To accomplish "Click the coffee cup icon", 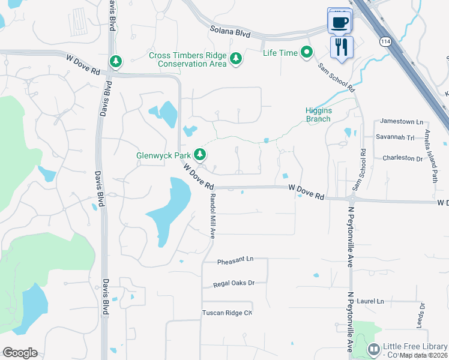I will coord(340,23).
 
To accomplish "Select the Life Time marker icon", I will coord(307,53).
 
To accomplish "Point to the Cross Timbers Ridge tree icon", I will coord(237,59).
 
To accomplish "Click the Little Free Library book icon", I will coord(374,349).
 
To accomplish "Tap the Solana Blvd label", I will coord(230,32).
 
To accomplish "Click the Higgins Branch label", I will coord(318,115).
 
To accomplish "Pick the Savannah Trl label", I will coord(395,137).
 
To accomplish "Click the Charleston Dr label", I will coord(402,158).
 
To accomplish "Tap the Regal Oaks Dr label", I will coord(234,283).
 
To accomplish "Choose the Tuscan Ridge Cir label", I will coord(227,313).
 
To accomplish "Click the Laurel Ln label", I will coord(372,301).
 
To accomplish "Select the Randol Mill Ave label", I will coord(212,216).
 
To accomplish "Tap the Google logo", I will coord(20,352).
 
